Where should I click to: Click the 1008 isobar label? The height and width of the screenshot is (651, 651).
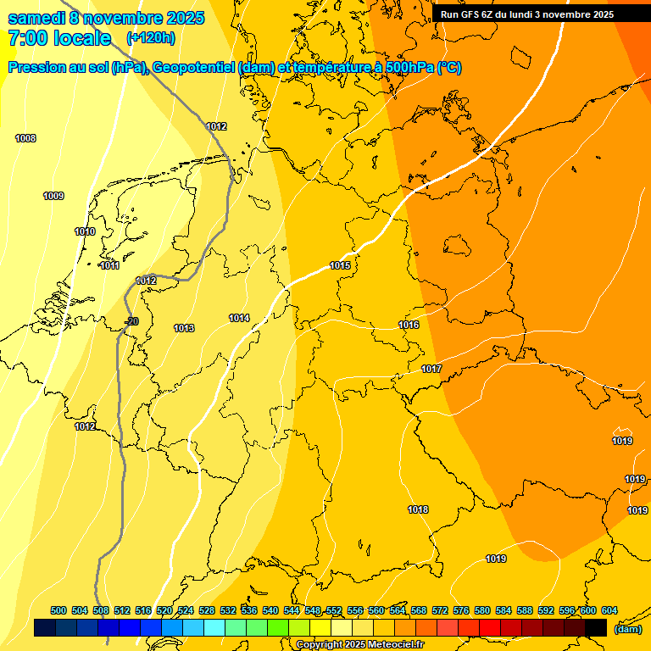click(25, 138)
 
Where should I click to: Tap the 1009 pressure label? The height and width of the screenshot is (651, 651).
click(53, 196)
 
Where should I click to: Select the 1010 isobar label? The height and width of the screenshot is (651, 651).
click(85, 231)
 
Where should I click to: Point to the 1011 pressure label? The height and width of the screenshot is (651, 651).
click(109, 265)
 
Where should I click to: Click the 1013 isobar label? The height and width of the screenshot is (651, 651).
click(184, 328)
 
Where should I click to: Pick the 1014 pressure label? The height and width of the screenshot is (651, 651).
click(239, 318)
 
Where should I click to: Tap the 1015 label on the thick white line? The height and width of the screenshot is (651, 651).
click(340, 265)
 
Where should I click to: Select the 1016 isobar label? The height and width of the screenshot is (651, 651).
click(409, 325)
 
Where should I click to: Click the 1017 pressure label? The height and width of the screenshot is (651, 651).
click(431, 369)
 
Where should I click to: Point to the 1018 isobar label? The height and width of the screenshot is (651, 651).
click(418, 509)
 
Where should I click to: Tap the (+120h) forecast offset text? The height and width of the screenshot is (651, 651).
click(150, 38)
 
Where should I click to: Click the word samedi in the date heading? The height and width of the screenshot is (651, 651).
click(35, 18)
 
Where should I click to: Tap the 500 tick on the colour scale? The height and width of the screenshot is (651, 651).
click(58, 610)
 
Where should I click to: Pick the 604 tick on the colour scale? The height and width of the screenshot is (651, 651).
click(609, 610)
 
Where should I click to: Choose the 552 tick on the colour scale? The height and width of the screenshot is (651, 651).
click(334, 610)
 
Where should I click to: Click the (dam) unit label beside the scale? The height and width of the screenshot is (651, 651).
click(627, 629)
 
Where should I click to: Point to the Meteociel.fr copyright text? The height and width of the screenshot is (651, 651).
click(359, 644)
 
